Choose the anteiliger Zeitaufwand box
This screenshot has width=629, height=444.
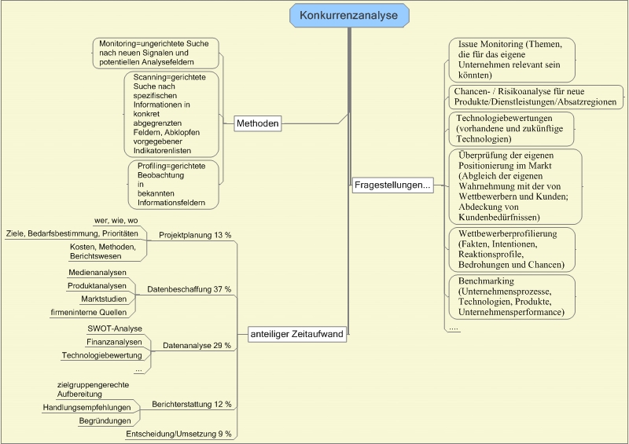pos(296,334)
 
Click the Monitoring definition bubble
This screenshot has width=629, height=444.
pos(156,52)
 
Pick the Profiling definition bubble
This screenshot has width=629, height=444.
pos(172,185)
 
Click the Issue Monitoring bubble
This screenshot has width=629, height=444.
pos(511,59)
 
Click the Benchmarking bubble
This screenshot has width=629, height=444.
pos(511,296)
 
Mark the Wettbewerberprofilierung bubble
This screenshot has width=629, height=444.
pos(511,250)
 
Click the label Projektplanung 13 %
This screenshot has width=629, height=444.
pos(195,235)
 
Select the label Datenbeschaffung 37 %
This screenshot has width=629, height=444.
pos(189,290)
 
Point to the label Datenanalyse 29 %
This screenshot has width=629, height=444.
pos(197,345)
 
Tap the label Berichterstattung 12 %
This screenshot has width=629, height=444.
pos(192,404)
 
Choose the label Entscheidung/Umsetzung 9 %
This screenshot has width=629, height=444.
pos(178,433)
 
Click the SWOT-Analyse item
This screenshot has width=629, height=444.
pos(115,328)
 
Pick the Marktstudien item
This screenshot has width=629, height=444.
pos(103,299)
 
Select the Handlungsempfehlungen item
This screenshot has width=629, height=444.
pos(86,408)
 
